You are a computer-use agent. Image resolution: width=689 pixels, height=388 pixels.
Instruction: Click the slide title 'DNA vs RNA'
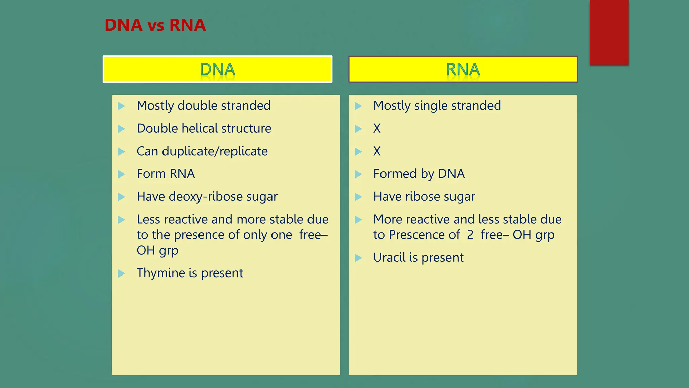point(155,25)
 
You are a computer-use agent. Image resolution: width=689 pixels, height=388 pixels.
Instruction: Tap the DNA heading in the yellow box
point(217,70)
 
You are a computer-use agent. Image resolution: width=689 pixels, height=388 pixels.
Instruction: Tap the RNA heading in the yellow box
point(463,70)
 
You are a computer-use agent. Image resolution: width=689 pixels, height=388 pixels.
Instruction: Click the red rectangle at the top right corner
point(609,32)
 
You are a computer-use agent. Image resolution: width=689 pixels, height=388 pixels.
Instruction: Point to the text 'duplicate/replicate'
point(215,151)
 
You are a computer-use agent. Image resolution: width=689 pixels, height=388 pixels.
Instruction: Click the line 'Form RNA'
point(166,174)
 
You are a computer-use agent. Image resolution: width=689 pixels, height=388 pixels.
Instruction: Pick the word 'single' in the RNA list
point(431,106)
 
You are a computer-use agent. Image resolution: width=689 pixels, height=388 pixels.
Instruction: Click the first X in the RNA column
point(377,128)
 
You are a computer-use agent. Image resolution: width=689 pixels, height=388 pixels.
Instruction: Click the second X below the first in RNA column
point(377,151)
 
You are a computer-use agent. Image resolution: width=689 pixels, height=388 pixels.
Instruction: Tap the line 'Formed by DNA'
point(419,174)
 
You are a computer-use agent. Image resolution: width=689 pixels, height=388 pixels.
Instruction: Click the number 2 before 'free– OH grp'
point(470,235)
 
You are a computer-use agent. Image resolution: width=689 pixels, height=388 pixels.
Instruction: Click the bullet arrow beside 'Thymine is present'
point(121,273)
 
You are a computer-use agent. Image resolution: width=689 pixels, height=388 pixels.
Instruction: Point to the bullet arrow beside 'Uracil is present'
point(358,258)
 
